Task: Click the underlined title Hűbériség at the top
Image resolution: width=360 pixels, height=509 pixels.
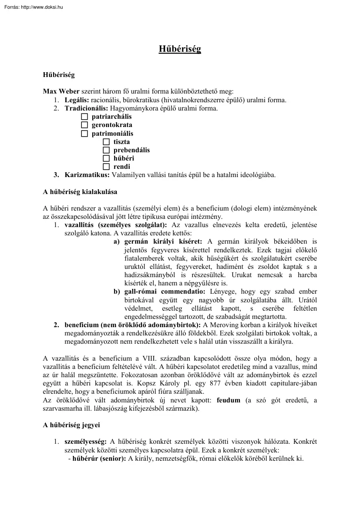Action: tap(180, 49)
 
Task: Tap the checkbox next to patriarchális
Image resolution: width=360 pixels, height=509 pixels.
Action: tap(84, 117)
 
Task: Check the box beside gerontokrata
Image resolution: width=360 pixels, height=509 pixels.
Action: tap(84, 125)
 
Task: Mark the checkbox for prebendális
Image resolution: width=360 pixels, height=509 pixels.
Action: tap(106, 150)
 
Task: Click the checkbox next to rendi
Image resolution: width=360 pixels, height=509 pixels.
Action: tap(106, 167)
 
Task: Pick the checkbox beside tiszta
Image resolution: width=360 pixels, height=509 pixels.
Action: tap(106, 142)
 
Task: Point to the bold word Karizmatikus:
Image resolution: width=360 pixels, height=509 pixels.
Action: tap(87, 175)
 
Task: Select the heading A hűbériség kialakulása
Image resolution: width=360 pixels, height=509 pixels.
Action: tap(80, 191)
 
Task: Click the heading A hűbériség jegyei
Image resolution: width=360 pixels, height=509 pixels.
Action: tap(71, 425)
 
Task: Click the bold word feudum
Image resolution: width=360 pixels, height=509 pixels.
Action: tap(228, 400)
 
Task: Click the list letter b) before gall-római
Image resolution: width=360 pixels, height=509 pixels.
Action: tap(117, 291)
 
